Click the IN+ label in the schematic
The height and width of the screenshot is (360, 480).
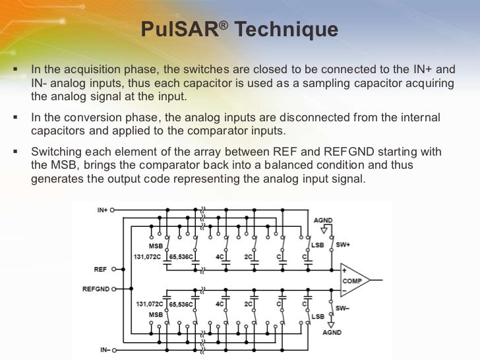[x=102, y=210]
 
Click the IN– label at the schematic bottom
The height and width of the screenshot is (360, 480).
[x=102, y=349]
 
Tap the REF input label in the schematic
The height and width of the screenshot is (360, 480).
[x=101, y=269]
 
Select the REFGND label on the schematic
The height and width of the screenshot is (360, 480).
[x=95, y=289]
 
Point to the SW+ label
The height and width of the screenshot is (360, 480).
[x=343, y=245]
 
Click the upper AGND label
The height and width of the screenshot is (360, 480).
[x=324, y=220]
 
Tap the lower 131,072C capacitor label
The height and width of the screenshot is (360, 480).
[x=148, y=304]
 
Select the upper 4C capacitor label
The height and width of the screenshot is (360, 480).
[x=220, y=256]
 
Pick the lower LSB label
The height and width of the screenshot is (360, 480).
[x=318, y=316]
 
